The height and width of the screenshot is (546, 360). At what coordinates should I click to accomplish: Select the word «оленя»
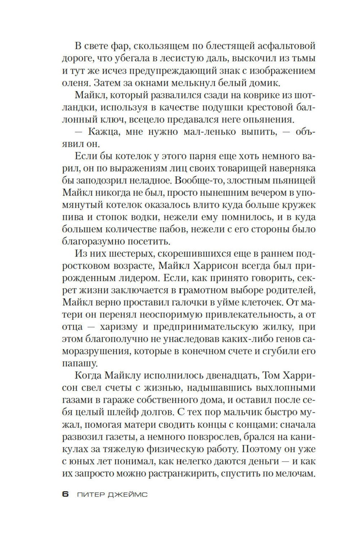click(x=75, y=83)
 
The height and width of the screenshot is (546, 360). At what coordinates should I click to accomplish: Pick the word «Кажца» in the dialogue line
click(x=103, y=132)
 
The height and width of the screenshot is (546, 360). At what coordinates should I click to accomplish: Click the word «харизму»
click(x=121, y=328)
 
